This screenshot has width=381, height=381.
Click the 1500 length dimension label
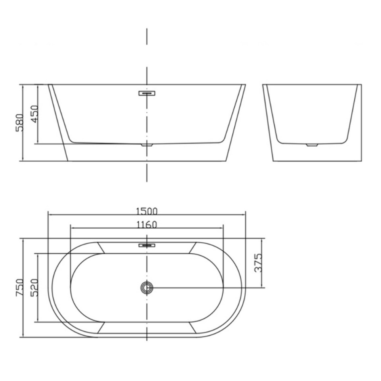[x=147, y=211]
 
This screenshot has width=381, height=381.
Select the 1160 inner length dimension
[x=147, y=225]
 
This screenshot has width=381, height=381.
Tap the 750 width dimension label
[x=20, y=287]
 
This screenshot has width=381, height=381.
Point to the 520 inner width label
[x=34, y=288]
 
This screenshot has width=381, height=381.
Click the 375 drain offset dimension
[x=258, y=263]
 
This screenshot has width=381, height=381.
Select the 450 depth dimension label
[x=34, y=114]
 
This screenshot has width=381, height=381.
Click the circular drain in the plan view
[x=147, y=288]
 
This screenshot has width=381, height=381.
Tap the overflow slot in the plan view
[x=147, y=245]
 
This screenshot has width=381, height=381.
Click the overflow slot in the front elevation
[x=147, y=93]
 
